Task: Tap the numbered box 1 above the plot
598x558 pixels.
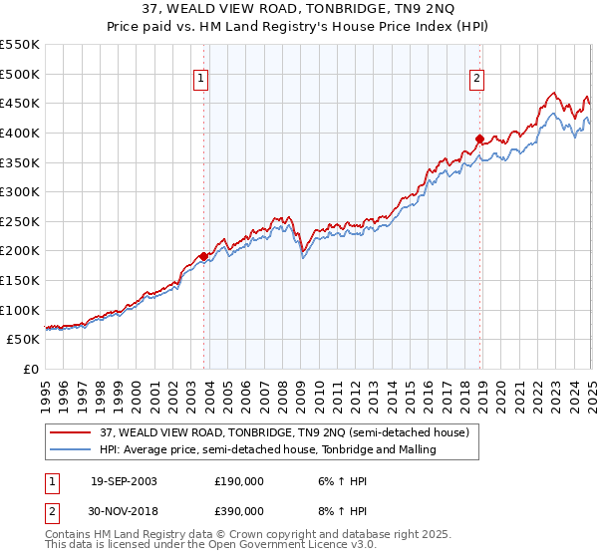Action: [x=201, y=79]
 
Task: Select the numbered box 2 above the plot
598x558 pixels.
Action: [x=477, y=79]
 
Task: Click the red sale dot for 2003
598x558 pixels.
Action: [x=203, y=256]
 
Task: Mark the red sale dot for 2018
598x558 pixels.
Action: [x=479, y=139]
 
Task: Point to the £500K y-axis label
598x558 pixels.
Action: [x=20, y=74]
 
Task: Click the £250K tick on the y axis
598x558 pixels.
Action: [x=20, y=221]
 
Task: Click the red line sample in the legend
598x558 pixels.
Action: [x=71, y=432]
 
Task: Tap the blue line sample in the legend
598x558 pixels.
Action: [x=71, y=449]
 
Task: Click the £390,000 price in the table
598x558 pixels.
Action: [x=239, y=510]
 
